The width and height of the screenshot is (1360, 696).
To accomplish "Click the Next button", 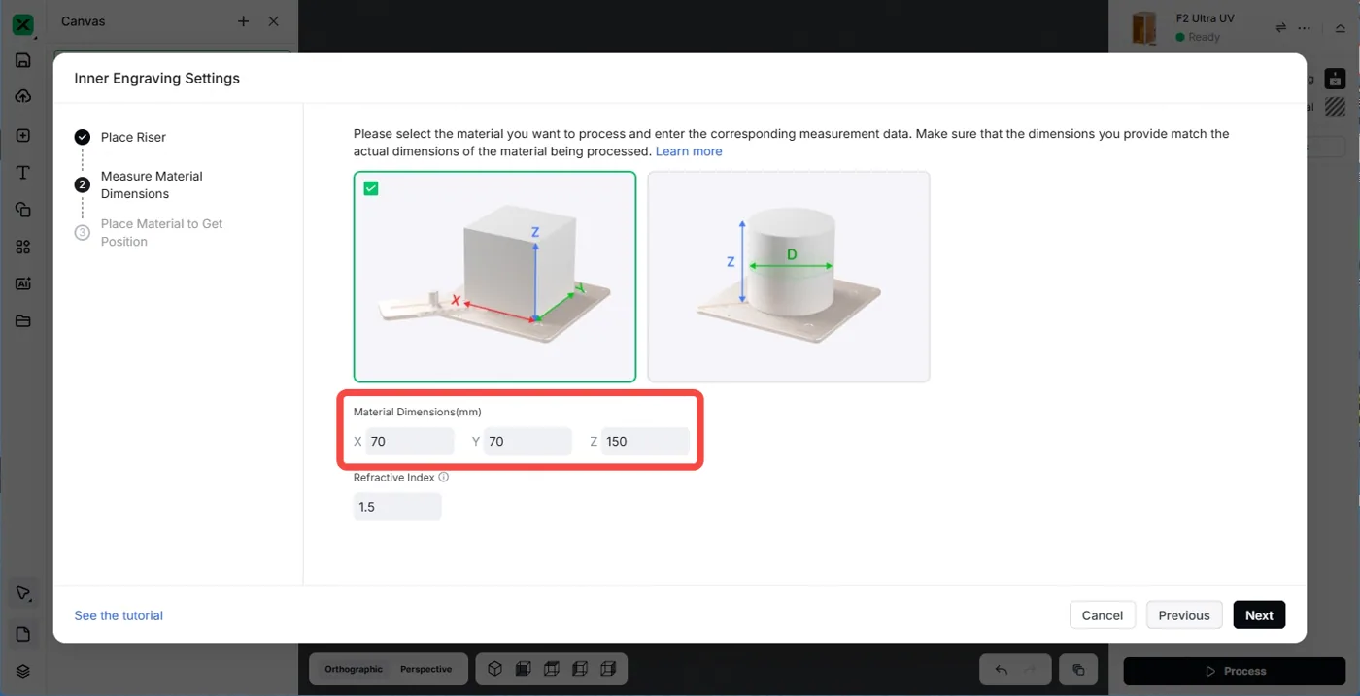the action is pos(1259,614).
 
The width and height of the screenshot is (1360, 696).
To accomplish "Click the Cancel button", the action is pos(1102,614).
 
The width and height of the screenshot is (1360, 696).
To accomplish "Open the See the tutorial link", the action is pos(119,615).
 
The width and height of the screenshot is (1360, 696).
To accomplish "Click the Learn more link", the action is pos(689,151).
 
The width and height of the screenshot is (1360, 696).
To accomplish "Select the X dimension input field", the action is pos(410,441).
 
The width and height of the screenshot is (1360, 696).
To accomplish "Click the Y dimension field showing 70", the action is pos(527,441).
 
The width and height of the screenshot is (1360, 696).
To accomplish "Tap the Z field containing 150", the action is pos(645,441).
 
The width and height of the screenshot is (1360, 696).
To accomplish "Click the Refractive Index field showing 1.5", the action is pos(397,507).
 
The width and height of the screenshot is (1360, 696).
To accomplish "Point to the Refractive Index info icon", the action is pos(444,477).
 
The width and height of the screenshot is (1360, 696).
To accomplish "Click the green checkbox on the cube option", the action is pos(371,188).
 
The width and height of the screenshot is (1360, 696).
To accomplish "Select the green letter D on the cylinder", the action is pos(792,254).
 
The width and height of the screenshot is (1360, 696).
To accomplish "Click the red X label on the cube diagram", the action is pos(456,300).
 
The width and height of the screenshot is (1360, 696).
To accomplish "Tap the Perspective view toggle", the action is pos(425,669).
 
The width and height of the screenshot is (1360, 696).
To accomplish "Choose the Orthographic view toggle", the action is pos(354,669).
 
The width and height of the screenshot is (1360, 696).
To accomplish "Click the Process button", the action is pos(1235,671).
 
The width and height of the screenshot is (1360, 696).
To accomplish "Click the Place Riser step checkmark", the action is pos(82,137).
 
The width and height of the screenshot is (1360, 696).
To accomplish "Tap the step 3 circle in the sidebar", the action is pos(82,232).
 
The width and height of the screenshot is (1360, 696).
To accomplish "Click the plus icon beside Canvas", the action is pos(243,21).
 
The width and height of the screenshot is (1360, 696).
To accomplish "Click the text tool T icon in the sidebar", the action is pos(23,173).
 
